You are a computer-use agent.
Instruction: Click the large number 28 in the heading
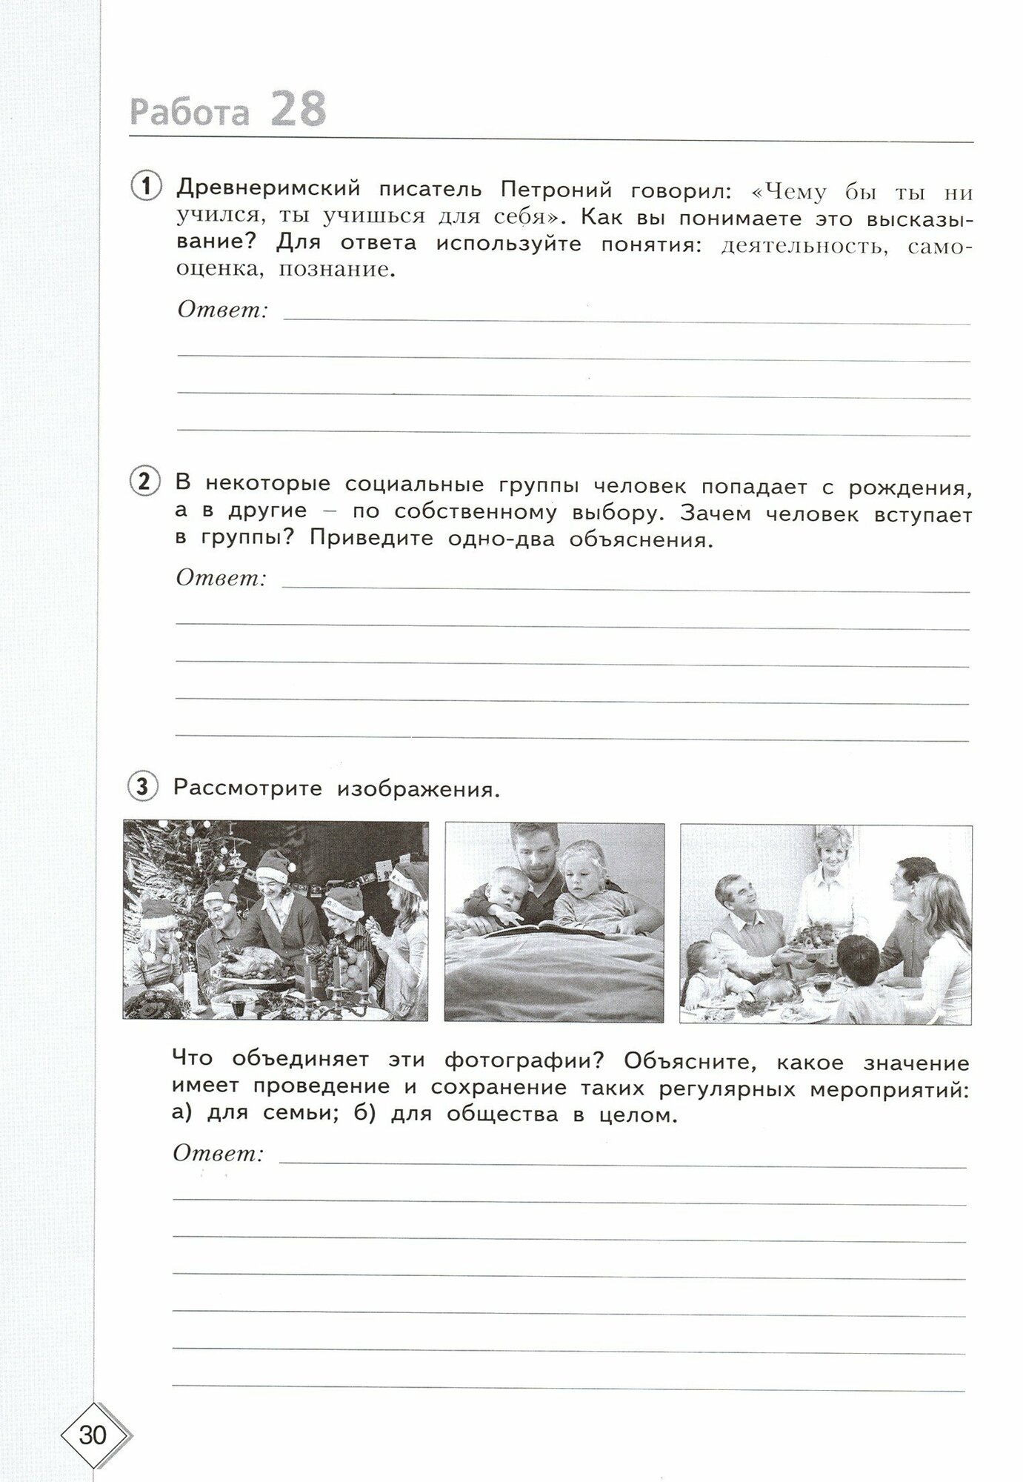tap(299, 110)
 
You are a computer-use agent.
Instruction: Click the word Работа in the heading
tap(189, 113)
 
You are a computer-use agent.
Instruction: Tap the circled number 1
tap(145, 187)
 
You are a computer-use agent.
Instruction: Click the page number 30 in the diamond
tap(93, 1435)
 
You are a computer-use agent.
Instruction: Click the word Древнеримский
tap(267, 190)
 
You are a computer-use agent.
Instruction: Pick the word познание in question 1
tap(333, 270)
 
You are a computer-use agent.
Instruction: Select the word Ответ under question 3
tap(219, 1153)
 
